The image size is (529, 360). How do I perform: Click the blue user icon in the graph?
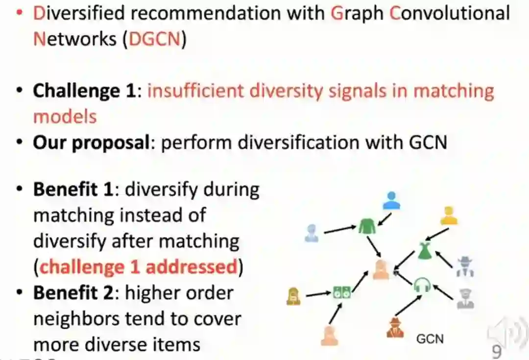(x=391, y=200)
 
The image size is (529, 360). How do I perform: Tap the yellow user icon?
(x=448, y=216)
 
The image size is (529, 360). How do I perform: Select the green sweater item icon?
(x=366, y=226)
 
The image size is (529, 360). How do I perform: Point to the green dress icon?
(x=424, y=251)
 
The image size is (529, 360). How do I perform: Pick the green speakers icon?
(x=341, y=292)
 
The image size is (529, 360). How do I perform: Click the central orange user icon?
(x=381, y=270)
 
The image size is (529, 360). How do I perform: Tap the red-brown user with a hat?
(x=394, y=327)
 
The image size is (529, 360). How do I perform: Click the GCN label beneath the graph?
(x=430, y=338)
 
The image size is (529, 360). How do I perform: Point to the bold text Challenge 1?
(x=84, y=91)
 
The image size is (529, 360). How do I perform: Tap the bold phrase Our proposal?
(x=91, y=143)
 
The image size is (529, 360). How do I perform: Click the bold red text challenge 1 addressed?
(x=139, y=267)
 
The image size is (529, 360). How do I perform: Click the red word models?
(x=65, y=117)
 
